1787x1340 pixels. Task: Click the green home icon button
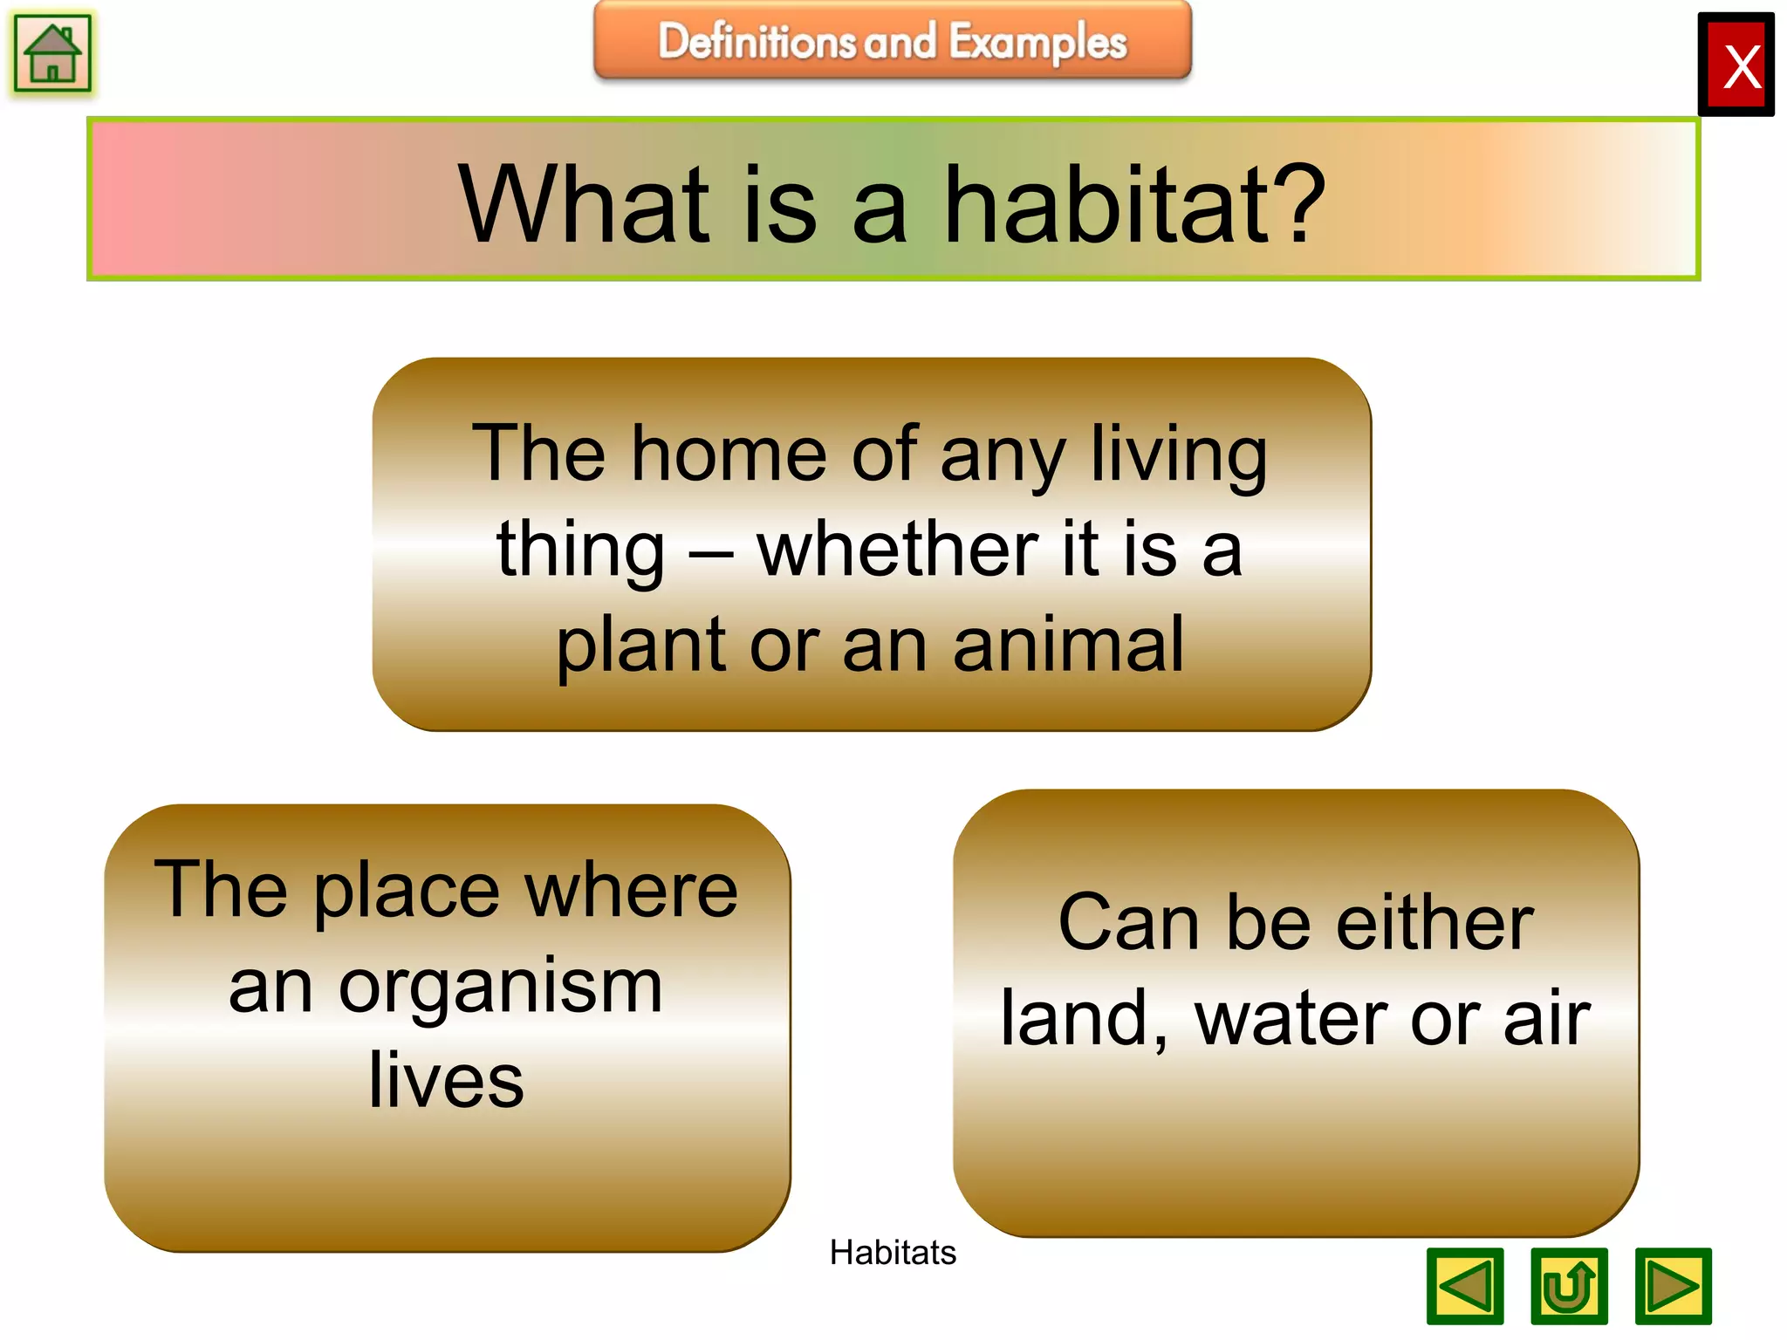[52, 54]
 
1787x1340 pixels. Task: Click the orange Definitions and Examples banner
[892, 41]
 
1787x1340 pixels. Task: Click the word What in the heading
[584, 206]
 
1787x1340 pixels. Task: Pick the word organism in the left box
[501, 988]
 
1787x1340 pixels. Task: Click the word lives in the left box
[446, 1082]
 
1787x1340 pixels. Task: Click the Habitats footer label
[892, 1253]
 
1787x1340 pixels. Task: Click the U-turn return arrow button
[1568, 1286]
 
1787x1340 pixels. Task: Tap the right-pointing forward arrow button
[1672, 1286]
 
